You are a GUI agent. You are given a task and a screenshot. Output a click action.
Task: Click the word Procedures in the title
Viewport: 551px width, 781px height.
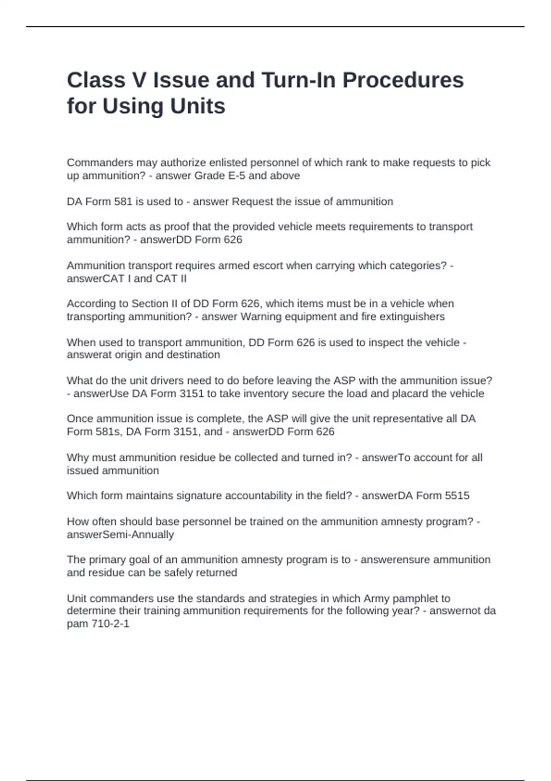point(403,80)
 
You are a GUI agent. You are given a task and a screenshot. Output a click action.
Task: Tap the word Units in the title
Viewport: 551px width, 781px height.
point(198,107)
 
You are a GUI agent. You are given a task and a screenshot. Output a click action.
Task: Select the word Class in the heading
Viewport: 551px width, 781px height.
point(96,80)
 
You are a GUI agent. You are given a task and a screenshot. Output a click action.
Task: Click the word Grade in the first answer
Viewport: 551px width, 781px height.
point(210,175)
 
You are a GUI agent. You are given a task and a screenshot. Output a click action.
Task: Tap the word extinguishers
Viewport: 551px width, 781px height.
point(412,317)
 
